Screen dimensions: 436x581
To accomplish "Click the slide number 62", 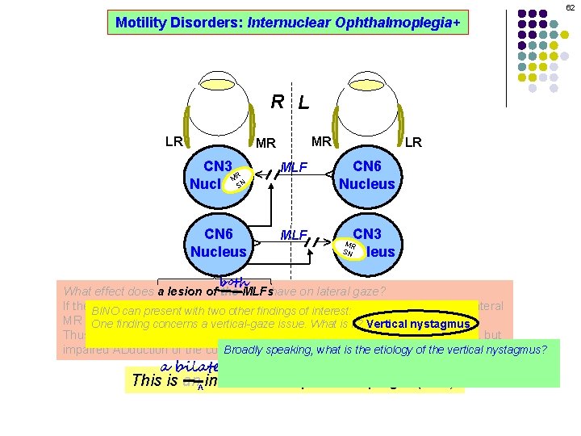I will pos(569,7).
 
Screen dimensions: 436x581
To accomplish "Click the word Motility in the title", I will pos(141,23).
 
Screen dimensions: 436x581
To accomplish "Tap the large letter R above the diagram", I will pos(277,102).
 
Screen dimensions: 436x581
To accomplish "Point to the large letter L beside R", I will pos(303,103).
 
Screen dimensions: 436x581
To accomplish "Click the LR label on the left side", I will pos(173,142).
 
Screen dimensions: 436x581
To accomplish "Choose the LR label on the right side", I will pos(413,143).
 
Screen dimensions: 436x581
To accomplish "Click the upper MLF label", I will pos(295,168).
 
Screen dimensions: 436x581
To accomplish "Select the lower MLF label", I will pos(295,235).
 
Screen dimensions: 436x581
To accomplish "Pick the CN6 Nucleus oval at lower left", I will pos(218,242).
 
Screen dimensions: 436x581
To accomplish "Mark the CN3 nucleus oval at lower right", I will pos(367,242).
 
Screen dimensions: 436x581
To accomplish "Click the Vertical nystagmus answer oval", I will pos(416,325).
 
